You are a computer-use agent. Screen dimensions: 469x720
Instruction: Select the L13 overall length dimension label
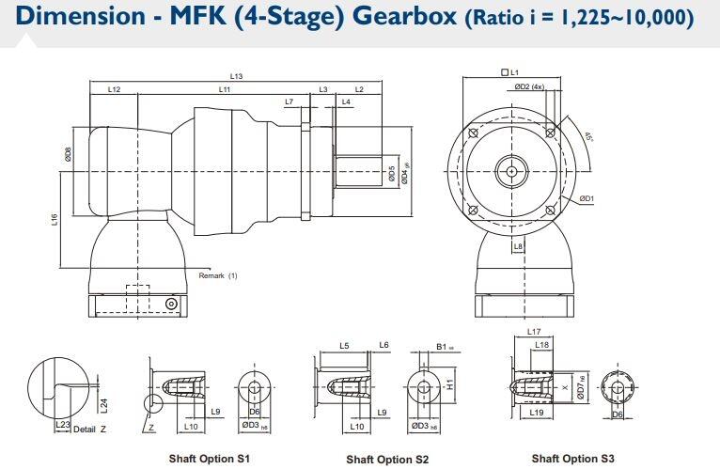click(x=236, y=76)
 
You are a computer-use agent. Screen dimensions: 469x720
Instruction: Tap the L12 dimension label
click(x=114, y=89)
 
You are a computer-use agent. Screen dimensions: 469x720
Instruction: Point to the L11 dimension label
click(x=225, y=89)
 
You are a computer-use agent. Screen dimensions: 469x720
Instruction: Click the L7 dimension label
click(x=289, y=102)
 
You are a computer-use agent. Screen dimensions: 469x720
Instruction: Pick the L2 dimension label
click(x=359, y=89)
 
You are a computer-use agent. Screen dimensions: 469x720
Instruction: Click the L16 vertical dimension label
click(x=55, y=219)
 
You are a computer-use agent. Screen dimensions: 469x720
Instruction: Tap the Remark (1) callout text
click(x=218, y=275)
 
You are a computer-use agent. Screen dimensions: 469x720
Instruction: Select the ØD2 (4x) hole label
click(x=529, y=86)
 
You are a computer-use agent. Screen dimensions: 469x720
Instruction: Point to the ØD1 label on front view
click(x=586, y=198)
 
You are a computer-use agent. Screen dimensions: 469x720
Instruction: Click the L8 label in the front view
click(x=518, y=246)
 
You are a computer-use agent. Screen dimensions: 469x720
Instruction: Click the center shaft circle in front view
click(x=510, y=171)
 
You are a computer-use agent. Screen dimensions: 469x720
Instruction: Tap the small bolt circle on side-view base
click(x=170, y=304)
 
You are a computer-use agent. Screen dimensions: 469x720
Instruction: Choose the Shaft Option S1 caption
click(x=209, y=459)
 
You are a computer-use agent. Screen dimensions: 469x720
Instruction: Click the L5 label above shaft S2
click(x=344, y=347)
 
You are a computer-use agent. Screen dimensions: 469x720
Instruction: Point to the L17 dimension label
click(x=533, y=332)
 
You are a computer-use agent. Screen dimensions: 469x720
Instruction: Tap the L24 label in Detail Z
click(x=104, y=404)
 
